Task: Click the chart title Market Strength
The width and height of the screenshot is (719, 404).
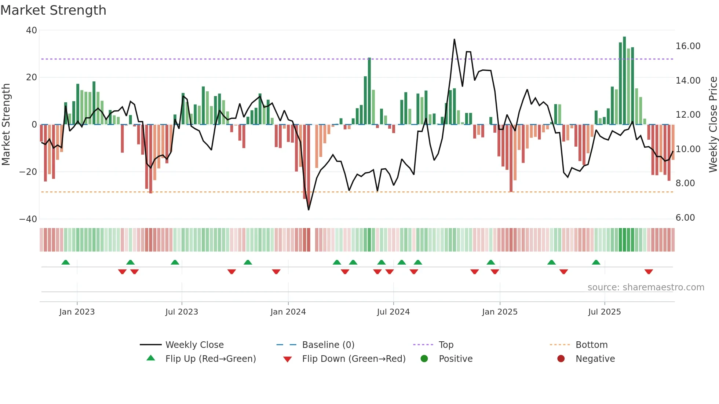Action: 53,10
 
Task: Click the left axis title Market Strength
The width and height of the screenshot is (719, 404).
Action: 6,124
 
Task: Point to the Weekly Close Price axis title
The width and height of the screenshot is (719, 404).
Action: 713,124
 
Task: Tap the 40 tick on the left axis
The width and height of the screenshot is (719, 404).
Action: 32,30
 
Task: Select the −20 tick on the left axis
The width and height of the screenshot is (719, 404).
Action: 28,172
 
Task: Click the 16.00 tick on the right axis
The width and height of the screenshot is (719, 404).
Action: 688,46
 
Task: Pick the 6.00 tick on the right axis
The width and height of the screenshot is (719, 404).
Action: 685,218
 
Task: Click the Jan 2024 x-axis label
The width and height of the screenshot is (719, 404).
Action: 288,312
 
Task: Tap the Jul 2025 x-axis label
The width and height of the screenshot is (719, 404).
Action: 604,312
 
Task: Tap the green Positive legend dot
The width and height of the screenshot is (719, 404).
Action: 424,359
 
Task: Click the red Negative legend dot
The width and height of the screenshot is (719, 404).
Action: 561,359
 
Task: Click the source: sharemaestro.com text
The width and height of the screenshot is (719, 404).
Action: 646,287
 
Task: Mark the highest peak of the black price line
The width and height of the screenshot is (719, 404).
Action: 454,40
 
